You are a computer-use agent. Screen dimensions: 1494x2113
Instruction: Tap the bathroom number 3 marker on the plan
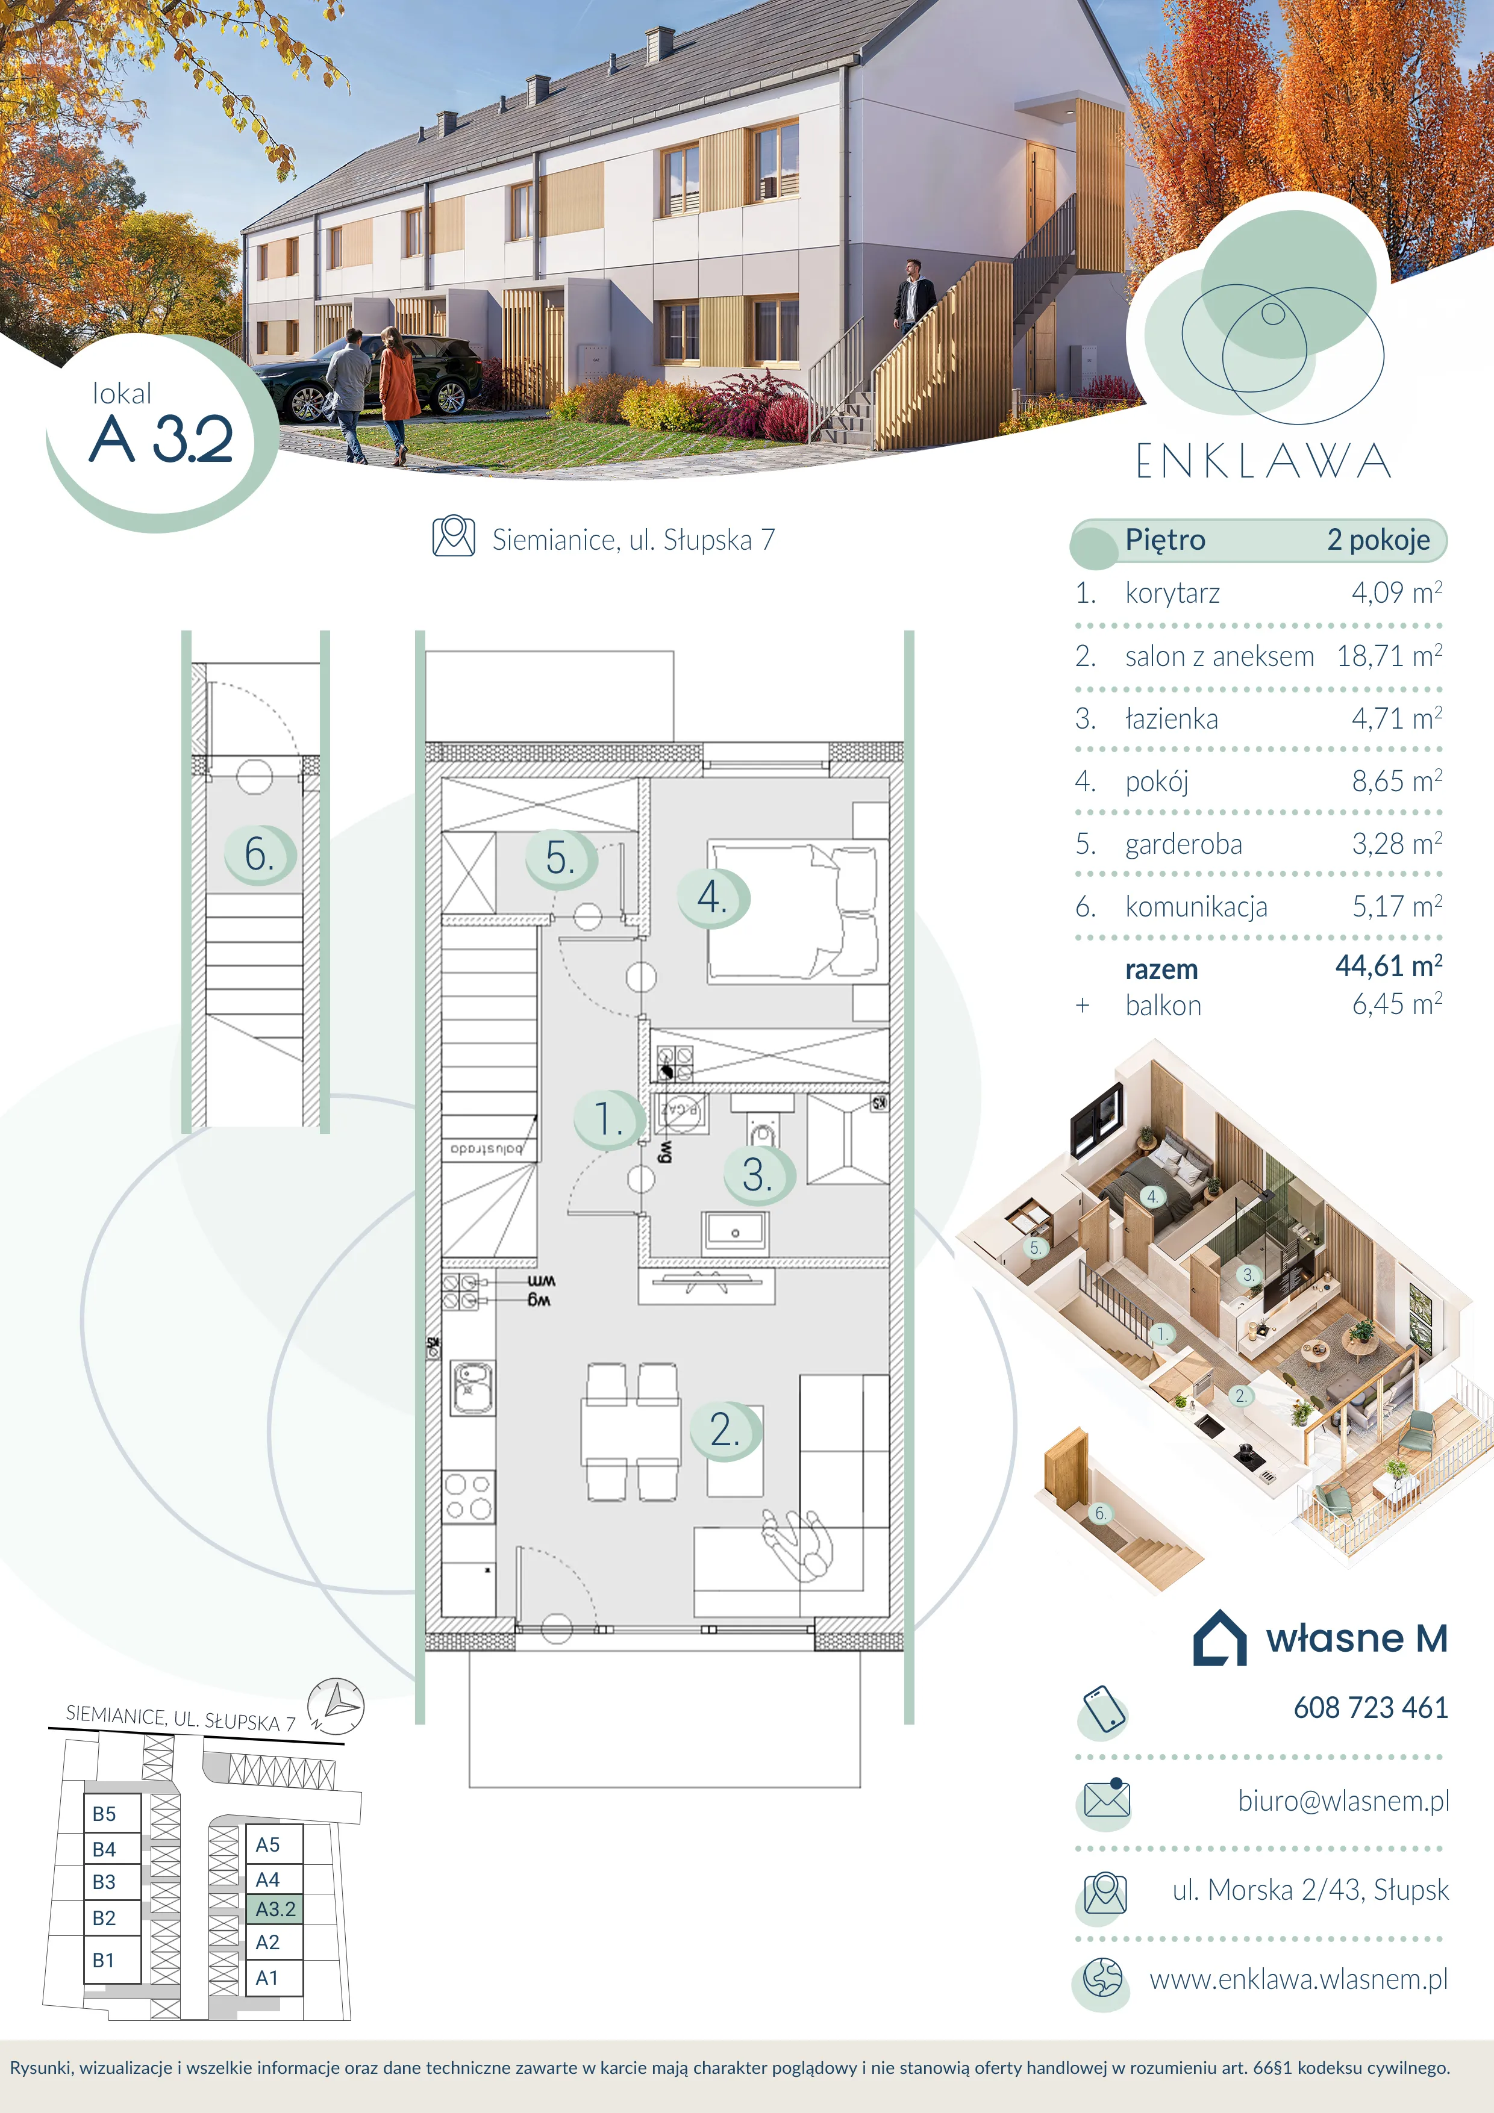pyautogui.click(x=758, y=1175)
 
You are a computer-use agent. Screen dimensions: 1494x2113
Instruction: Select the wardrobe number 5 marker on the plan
pyautogui.click(x=561, y=859)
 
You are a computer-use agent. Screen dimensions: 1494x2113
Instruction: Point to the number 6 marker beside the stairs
pyautogui.click(x=260, y=854)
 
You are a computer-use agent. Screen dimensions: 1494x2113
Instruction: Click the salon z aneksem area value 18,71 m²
pyautogui.click(x=1389, y=656)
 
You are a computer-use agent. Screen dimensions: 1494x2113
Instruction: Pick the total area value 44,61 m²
pyautogui.click(x=1389, y=966)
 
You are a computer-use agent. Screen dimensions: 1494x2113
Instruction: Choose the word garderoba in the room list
pyautogui.click(x=1184, y=844)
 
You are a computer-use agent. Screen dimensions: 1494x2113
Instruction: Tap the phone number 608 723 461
pyautogui.click(x=1371, y=1708)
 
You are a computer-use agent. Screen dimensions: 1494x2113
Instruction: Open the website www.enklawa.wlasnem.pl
pyautogui.click(x=1299, y=1979)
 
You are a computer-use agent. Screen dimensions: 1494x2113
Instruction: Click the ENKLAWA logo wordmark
pyautogui.click(x=1263, y=462)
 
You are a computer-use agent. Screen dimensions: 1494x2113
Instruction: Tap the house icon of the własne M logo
pyautogui.click(x=1220, y=1638)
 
